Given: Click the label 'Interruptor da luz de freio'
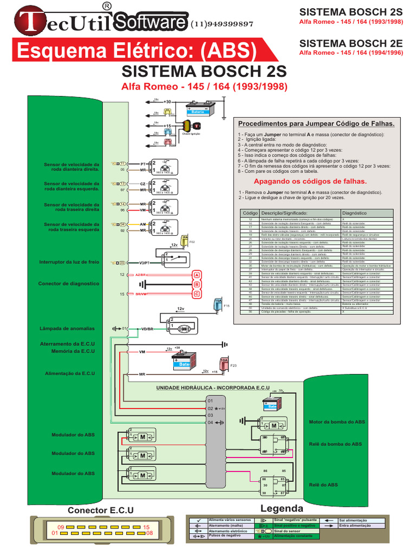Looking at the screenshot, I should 69,262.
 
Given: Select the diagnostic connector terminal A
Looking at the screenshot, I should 197,275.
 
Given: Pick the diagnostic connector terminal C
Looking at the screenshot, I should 197,294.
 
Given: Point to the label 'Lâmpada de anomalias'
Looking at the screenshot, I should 67,328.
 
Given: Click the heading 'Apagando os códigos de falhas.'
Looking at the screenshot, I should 310,181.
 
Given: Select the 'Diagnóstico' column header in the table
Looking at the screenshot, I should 354,214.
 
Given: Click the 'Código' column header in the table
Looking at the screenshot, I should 250,214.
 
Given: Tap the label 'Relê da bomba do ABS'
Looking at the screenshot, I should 335,444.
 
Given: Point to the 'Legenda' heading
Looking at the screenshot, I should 282,508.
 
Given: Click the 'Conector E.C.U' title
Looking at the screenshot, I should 100,510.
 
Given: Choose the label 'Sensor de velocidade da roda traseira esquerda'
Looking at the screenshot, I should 71,227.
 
